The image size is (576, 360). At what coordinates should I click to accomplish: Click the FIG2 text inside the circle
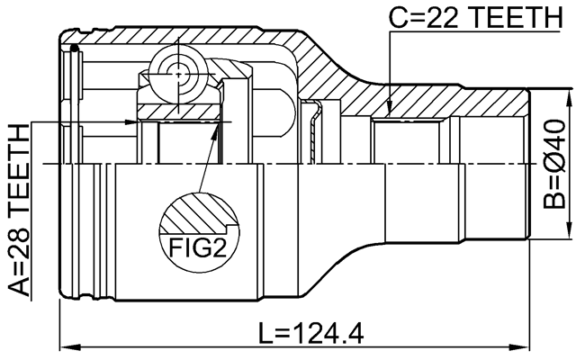(198, 246)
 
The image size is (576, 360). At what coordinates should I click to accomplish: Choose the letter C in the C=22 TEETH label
(397, 16)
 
